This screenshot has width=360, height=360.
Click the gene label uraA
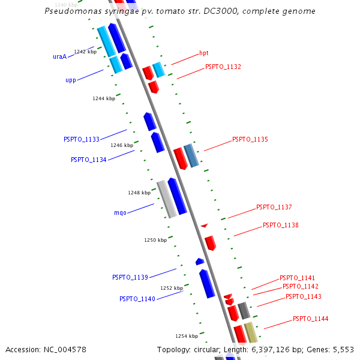pos(59,57)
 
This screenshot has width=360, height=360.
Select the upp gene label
pos(71,80)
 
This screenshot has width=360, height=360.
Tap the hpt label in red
pos(204,53)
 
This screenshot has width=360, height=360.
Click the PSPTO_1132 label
pos(223,67)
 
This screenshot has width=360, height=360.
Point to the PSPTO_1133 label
pos(82,139)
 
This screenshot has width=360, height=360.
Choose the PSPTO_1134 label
pos(89,160)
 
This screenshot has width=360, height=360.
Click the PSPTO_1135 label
pos(250,139)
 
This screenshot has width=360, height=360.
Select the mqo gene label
pos(120,212)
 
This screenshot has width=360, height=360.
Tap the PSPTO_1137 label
pos(274,207)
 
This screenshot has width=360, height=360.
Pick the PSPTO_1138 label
pos(281,225)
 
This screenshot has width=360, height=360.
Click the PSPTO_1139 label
pos(130,277)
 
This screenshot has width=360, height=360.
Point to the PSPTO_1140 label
pos(137,299)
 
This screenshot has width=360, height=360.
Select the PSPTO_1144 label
pos(311,319)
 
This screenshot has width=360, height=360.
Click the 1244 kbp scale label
pos(104,98)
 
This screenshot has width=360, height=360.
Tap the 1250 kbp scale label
pos(155,240)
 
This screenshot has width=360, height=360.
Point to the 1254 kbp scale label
pos(187,336)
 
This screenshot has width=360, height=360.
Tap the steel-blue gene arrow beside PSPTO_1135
pos(191,155)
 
